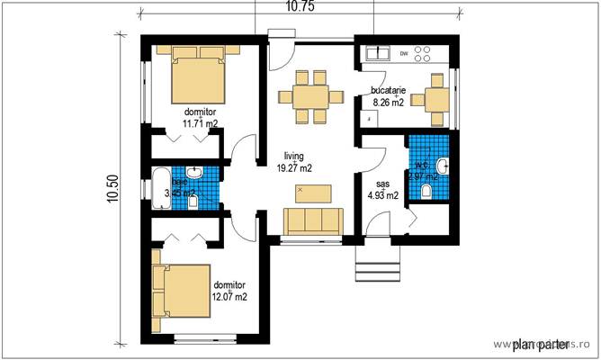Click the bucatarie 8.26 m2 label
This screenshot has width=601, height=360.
pyautogui.click(x=391, y=96)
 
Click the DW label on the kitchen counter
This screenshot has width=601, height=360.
pyautogui.click(x=403, y=54)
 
